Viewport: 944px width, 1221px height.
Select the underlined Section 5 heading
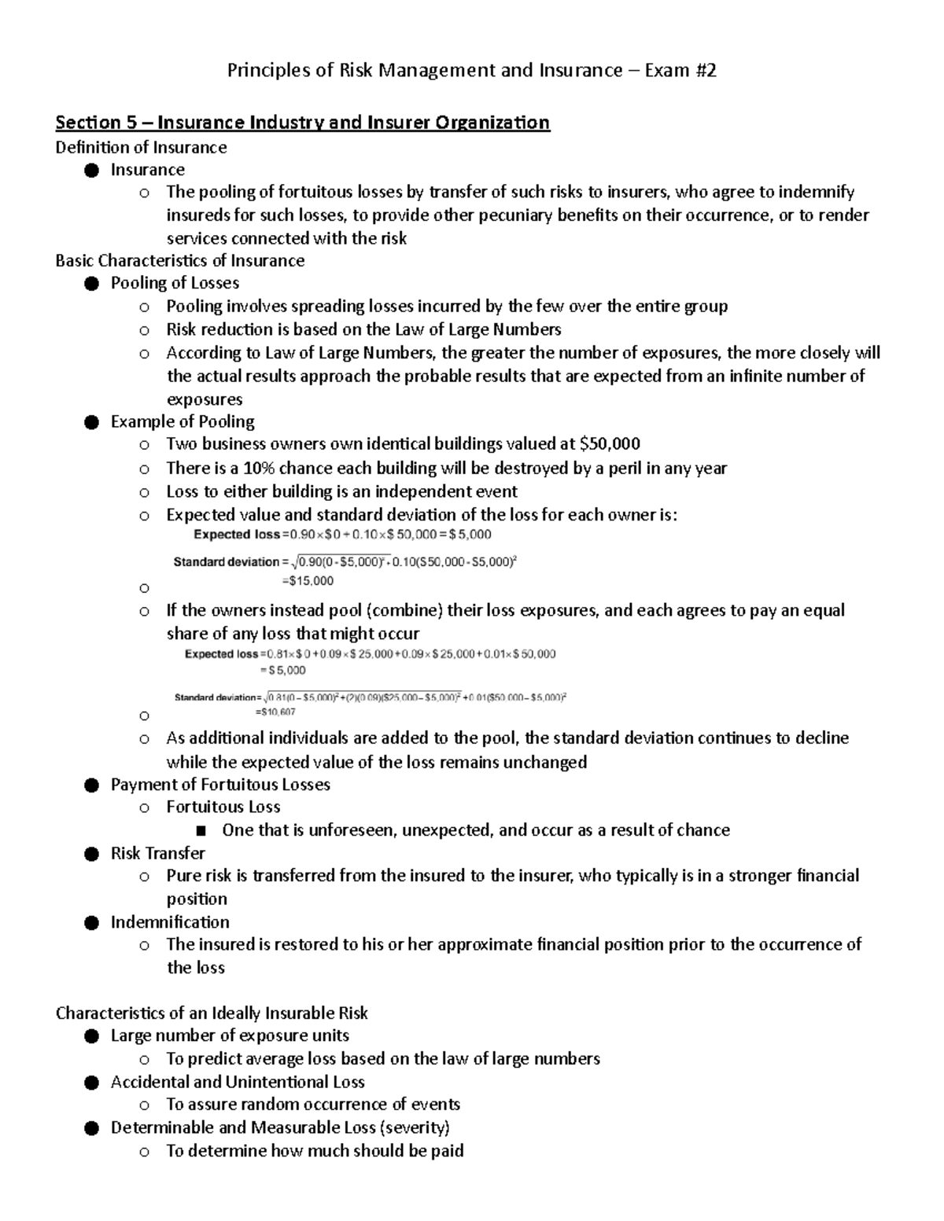point(302,123)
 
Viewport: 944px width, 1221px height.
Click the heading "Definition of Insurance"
point(141,147)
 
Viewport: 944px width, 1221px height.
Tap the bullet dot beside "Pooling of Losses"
point(91,283)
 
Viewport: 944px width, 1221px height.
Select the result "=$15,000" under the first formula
point(308,581)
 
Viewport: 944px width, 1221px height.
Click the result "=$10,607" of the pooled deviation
point(275,712)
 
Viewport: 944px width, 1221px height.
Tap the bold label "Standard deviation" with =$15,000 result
point(226,562)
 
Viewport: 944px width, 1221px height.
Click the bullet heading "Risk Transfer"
point(157,853)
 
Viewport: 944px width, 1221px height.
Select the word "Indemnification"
point(170,921)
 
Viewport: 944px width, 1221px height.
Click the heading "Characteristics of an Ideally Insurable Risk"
point(212,1013)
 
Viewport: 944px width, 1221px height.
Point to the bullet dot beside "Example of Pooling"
point(91,422)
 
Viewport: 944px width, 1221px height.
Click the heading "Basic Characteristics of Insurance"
point(179,260)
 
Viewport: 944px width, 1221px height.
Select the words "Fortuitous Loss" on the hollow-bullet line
point(223,807)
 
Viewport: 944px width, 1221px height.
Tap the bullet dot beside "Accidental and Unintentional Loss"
point(91,1083)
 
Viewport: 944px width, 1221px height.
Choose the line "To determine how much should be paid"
point(315,1151)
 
